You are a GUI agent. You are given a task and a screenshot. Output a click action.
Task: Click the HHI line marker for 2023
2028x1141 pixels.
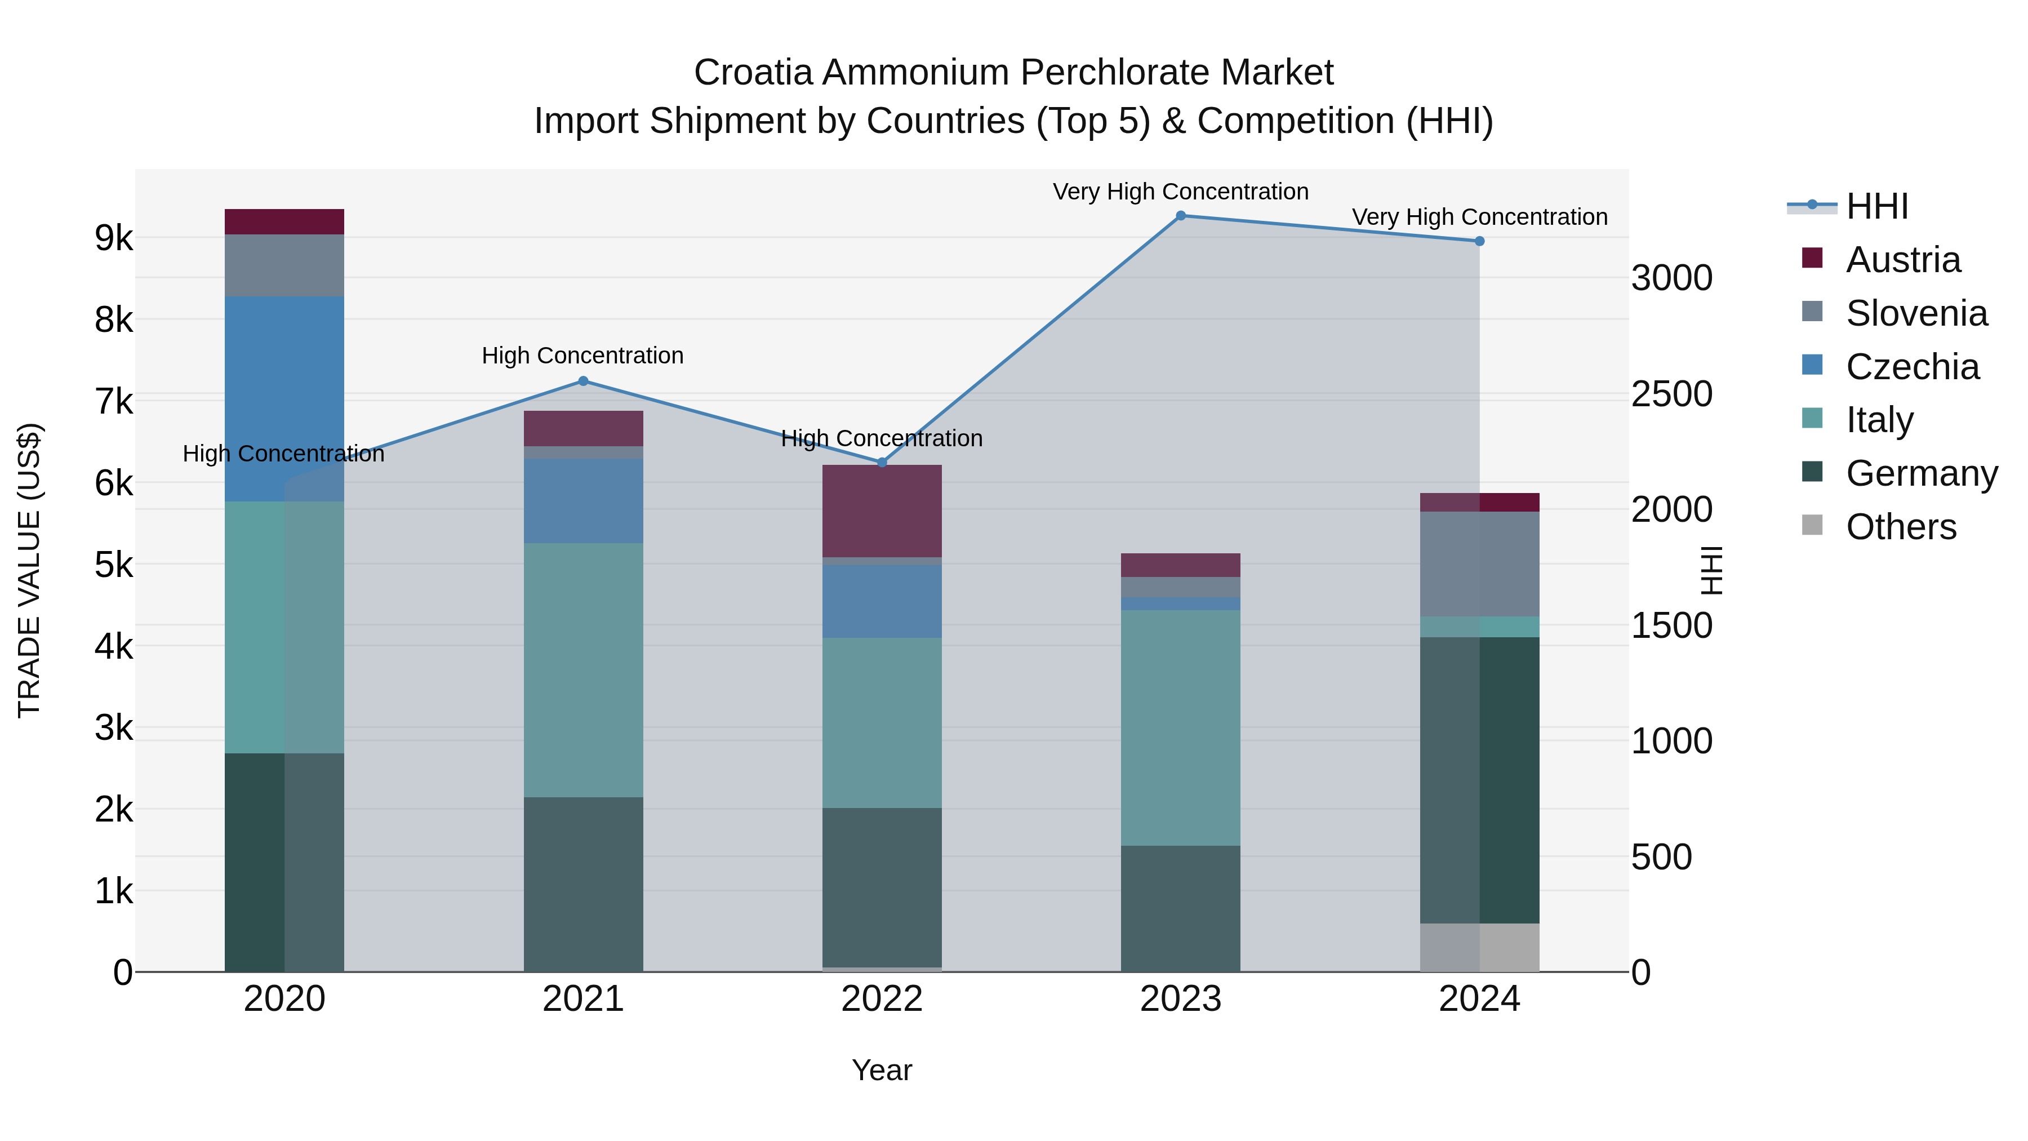point(1180,216)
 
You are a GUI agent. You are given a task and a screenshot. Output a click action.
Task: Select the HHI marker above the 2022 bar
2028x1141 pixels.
point(882,462)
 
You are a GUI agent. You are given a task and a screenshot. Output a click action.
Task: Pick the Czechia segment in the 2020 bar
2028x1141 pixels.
point(284,398)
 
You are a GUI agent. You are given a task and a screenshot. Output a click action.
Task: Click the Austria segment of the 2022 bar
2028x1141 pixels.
point(882,510)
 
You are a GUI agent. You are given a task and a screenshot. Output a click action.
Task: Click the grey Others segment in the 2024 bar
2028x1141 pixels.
point(1479,947)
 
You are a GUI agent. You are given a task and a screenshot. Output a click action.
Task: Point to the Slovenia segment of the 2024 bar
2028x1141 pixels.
point(1479,564)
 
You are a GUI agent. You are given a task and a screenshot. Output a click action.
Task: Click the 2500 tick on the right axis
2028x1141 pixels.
point(1671,394)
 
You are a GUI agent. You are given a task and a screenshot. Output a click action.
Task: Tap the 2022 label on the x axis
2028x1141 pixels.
point(882,999)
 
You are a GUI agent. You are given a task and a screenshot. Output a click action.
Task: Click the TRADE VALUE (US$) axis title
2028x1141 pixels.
point(29,570)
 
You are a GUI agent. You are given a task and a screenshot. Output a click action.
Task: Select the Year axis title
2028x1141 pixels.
point(882,1070)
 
